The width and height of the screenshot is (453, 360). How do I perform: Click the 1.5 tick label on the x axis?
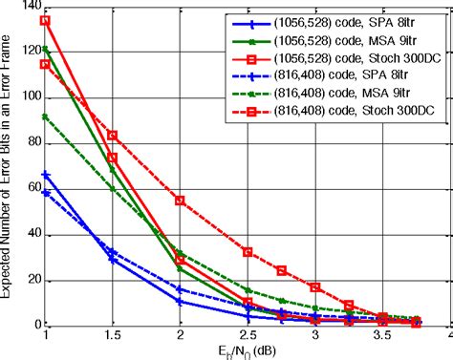[x=113, y=336]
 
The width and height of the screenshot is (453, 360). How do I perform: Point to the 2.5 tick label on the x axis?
[x=248, y=336]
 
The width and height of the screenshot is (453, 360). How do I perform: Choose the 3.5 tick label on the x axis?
[x=382, y=336]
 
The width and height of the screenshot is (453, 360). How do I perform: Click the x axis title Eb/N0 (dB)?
[x=248, y=351]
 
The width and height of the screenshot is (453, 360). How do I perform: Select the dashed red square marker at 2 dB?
[x=180, y=201]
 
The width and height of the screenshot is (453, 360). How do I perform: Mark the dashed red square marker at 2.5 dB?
[x=248, y=252]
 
